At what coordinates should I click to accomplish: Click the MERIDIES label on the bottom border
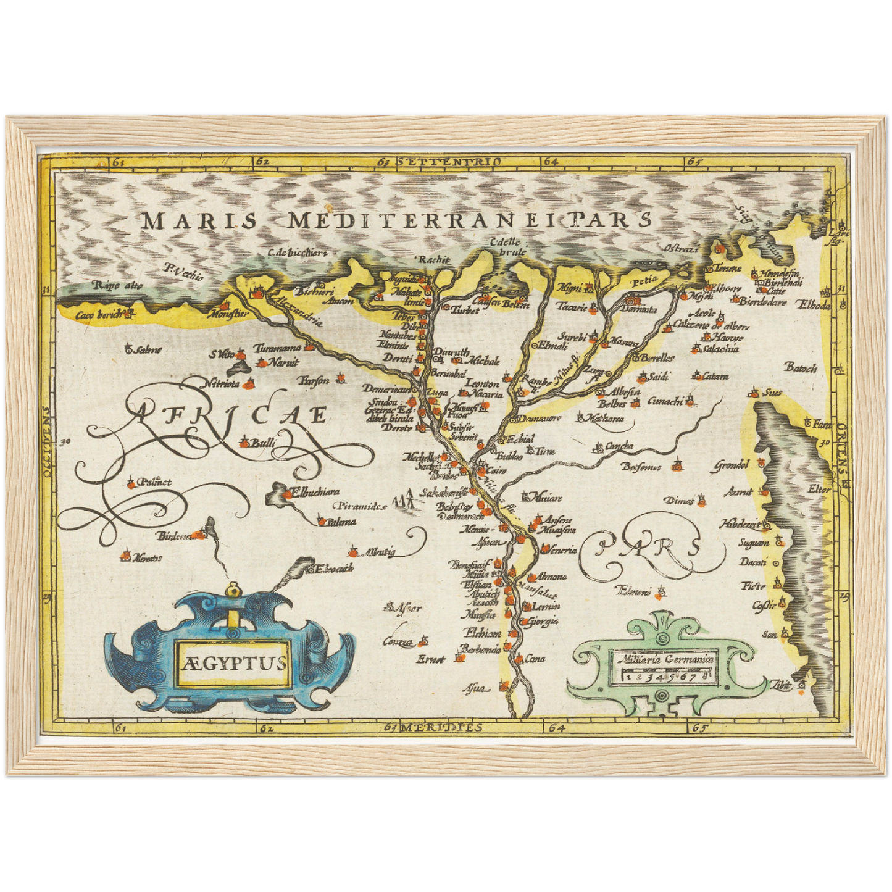440,728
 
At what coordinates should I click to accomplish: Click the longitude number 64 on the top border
550,162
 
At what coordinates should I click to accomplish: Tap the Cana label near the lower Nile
535,659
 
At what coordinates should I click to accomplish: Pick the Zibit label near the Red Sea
781,684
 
